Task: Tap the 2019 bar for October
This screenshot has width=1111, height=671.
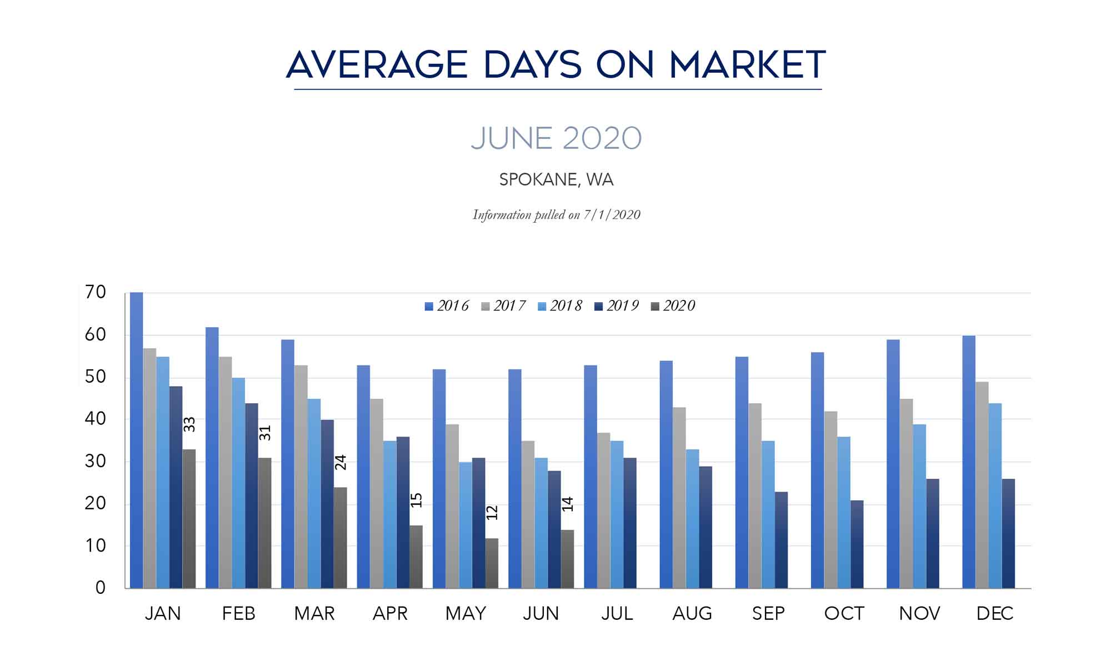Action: coord(857,544)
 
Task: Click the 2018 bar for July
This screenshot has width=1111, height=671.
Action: coord(617,514)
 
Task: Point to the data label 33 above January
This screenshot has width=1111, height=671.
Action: coord(189,424)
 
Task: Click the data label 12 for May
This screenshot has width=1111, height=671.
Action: coord(492,512)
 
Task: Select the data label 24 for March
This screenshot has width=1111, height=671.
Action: coord(341,462)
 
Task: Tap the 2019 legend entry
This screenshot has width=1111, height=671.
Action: coord(617,306)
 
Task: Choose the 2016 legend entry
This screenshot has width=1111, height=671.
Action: coord(447,306)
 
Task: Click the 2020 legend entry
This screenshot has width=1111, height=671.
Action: coord(673,306)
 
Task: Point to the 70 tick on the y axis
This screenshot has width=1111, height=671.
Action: coord(96,292)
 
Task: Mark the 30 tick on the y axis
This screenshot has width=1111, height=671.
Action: coord(96,461)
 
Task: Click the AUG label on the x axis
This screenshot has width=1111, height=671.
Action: coord(692,613)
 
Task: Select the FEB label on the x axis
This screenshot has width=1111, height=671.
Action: coord(238,613)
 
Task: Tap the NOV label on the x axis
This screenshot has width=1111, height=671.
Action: coord(919,613)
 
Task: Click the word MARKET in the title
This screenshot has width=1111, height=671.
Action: coord(748,64)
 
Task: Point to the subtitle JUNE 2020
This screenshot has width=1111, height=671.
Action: coord(556,138)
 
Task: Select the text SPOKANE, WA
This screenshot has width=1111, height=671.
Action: coord(556,180)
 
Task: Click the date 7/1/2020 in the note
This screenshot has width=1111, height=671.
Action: coord(612,215)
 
